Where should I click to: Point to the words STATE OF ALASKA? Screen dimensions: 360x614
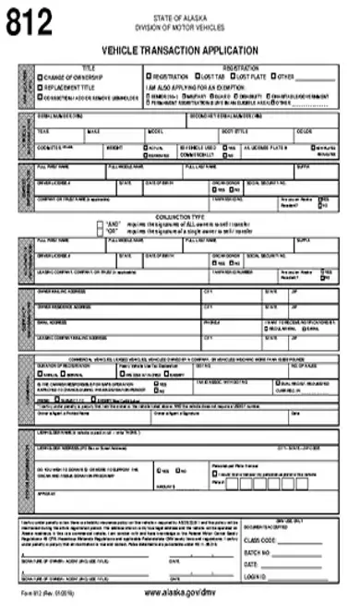[180, 17]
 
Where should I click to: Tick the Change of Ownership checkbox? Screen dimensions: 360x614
[40, 77]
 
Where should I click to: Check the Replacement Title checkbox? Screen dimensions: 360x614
[40, 87]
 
